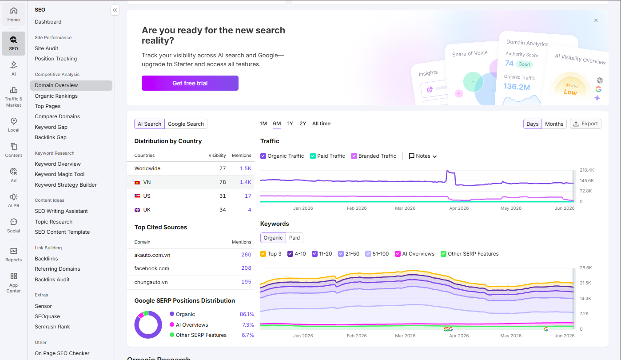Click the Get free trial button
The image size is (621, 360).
(190, 83)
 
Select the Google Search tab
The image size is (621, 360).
(186, 124)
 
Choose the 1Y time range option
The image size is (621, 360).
(290, 124)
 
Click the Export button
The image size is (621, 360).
(585, 124)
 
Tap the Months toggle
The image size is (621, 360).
(554, 124)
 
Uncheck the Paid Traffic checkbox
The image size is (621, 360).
(313, 156)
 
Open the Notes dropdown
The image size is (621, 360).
(423, 156)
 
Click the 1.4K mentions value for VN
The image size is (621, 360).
(245, 182)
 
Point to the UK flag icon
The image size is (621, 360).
(137, 210)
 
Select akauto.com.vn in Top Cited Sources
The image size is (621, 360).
(152, 255)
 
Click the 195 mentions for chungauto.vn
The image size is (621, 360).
(246, 281)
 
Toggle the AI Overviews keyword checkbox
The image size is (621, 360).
(398, 253)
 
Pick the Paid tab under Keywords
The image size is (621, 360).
(294, 237)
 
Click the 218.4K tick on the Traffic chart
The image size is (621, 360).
(587, 170)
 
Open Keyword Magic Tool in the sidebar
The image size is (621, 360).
(60, 174)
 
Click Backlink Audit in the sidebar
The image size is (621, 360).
(52, 279)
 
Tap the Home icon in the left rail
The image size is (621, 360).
(14, 11)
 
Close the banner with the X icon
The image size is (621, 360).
(596, 20)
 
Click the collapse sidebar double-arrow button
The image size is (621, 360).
(115, 10)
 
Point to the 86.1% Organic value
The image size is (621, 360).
(247, 314)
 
